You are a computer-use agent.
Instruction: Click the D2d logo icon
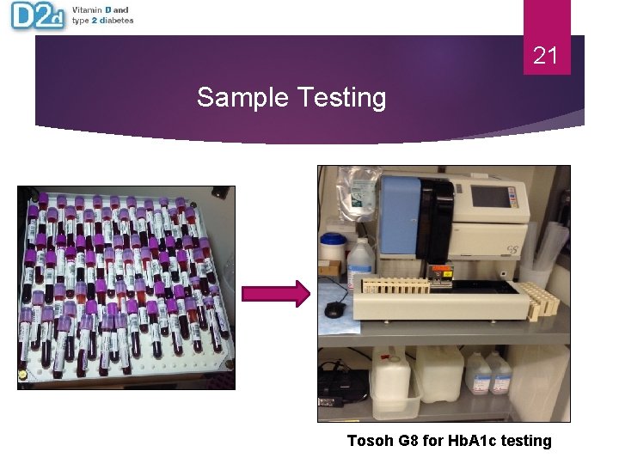pos(37,16)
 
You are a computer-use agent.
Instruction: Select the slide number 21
pos(546,57)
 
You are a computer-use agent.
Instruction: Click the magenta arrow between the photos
pos(276,295)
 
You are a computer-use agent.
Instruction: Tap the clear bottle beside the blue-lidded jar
pos(360,258)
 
